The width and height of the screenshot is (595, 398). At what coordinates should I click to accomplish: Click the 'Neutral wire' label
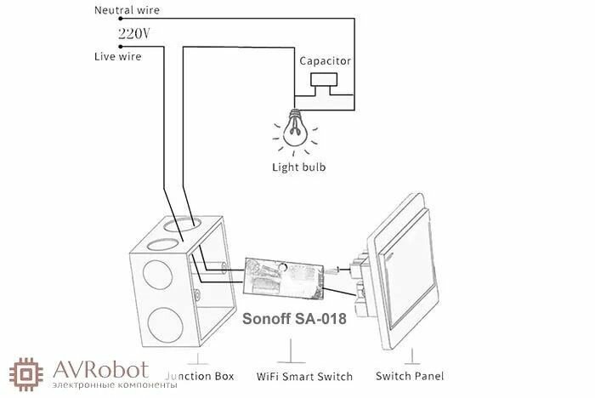126,11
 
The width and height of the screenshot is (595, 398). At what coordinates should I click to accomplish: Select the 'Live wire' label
117,56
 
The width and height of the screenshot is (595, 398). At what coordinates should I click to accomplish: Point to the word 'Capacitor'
324,61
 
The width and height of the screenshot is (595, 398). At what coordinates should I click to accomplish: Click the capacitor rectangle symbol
324,80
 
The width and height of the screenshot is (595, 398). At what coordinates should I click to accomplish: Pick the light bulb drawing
295,125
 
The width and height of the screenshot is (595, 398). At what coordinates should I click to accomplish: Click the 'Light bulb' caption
298,167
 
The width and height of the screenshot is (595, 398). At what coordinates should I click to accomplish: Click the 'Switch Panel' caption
409,375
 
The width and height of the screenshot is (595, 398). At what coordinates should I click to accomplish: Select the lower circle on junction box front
160,328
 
